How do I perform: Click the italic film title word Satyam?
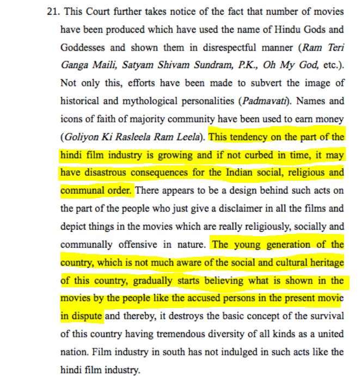142,65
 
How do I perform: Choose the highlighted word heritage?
325,263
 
